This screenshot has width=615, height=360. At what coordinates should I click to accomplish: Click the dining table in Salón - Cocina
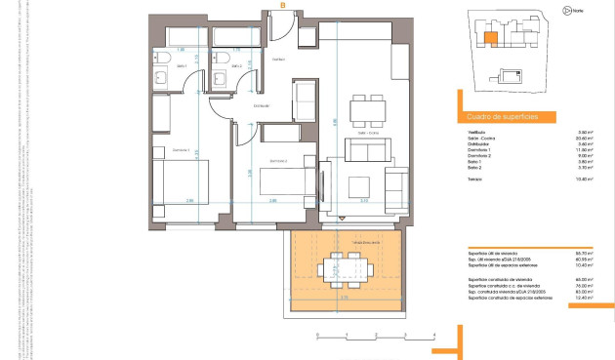[368, 105]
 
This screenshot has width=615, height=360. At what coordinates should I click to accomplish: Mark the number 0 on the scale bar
[316, 336]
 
